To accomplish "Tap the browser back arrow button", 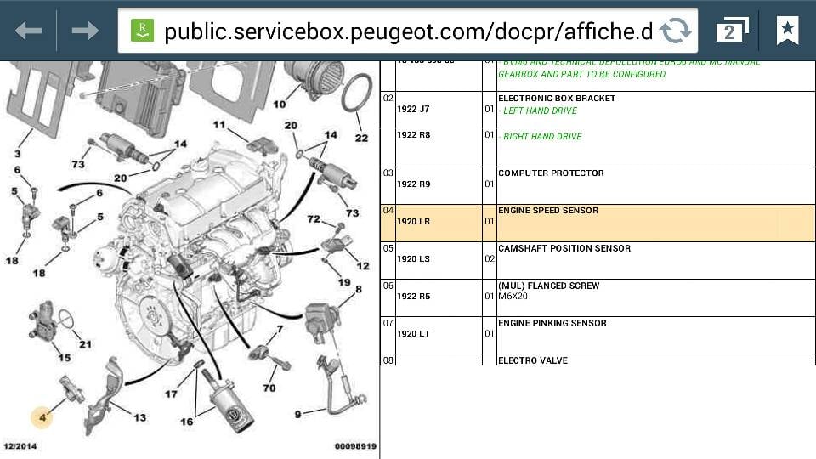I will [28, 31].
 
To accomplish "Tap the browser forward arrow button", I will [85, 31].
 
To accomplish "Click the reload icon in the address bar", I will [675, 31].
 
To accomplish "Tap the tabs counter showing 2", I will [732, 31].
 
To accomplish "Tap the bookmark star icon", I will [788, 31].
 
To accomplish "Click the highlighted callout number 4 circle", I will [42, 416].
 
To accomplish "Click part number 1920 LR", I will [413, 221].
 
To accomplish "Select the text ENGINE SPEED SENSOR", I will [548, 210].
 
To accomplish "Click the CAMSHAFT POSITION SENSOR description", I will [564, 248].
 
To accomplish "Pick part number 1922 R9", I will [413, 184].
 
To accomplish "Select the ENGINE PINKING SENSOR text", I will [552, 323].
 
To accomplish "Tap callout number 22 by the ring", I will [361, 138].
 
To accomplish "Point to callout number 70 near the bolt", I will [269, 388].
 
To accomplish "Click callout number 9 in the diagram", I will [297, 414].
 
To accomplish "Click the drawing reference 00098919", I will [355, 446].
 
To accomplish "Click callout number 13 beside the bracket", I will [139, 417].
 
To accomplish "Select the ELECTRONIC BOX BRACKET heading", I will [557, 98].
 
